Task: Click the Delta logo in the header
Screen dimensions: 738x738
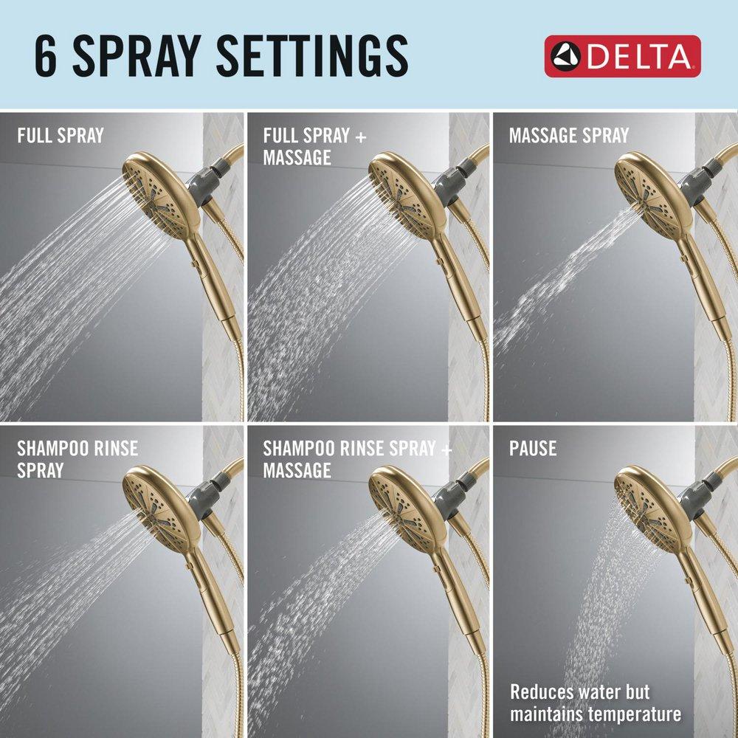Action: tap(622, 56)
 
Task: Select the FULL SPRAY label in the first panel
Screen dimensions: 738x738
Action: tap(61, 136)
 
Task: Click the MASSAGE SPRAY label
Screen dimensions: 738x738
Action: tap(568, 136)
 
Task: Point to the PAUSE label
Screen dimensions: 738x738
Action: tap(532, 448)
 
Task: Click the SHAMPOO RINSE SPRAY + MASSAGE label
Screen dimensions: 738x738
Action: tap(354, 458)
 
